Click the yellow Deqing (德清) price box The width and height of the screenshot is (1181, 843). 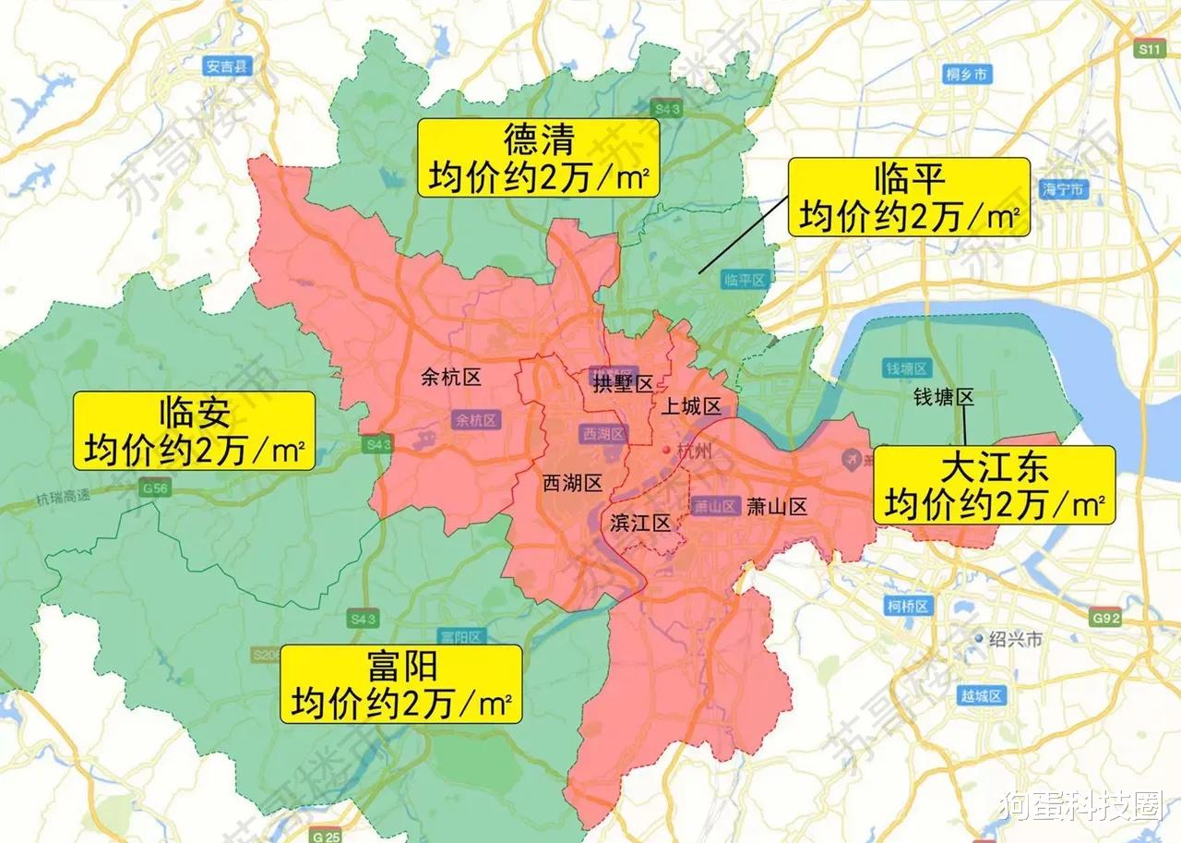pyautogui.click(x=539, y=157)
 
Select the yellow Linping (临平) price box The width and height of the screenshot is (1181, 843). pyautogui.click(x=909, y=197)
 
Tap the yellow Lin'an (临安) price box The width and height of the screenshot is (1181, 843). pyautogui.click(x=194, y=431)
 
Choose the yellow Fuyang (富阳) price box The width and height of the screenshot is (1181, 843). pyautogui.click(x=401, y=684)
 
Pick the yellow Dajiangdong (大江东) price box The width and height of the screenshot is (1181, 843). pyautogui.click(x=994, y=485)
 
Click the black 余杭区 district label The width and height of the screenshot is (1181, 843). pyautogui.click(x=451, y=376)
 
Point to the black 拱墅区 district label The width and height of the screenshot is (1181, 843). pyautogui.click(x=623, y=383)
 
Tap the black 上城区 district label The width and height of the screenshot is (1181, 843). pyautogui.click(x=690, y=406)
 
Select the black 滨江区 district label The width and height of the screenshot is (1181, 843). pyautogui.click(x=640, y=524)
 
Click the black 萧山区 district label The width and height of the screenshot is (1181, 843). pyautogui.click(x=778, y=506)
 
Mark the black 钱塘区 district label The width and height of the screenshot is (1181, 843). pyautogui.click(x=944, y=397)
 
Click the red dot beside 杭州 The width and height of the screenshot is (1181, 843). pyautogui.click(x=667, y=450)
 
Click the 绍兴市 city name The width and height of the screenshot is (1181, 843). pyautogui.click(x=1015, y=639)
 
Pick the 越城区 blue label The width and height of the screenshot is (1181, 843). pyautogui.click(x=982, y=696)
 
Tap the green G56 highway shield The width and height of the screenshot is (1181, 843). pyautogui.click(x=156, y=488)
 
